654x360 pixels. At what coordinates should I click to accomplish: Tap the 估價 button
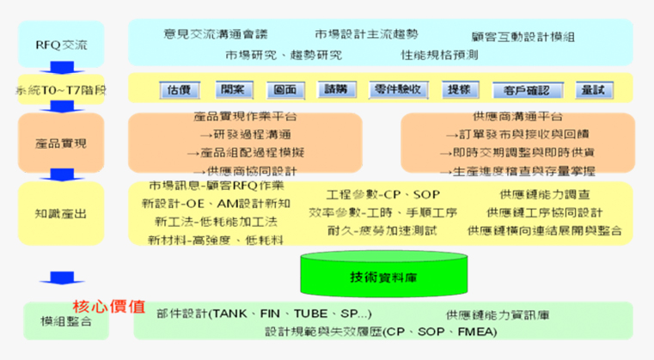pyautogui.click(x=179, y=89)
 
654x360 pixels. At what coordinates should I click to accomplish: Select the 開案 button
pyautogui.click(x=231, y=89)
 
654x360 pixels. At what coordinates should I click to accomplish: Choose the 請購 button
pyautogui.click(x=334, y=89)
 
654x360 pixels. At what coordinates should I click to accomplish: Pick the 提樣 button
pyautogui.click(x=459, y=89)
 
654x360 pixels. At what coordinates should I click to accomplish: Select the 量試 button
pyautogui.click(x=592, y=89)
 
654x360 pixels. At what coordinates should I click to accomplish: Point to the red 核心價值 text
pyautogui.click(x=108, y=306)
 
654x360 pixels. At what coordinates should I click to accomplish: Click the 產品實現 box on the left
pyautogui.click(x=60, y=141)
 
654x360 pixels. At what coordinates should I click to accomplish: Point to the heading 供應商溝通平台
pyautogui.click(x=517, y=117)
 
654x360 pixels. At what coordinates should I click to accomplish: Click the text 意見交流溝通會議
pyautogui.click(x=216, y=34)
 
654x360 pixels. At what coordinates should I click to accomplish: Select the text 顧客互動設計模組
pyautogui.click(x=523, y=37)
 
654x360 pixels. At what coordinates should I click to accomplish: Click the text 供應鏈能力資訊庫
pyautogui.click(x=498, y=314)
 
